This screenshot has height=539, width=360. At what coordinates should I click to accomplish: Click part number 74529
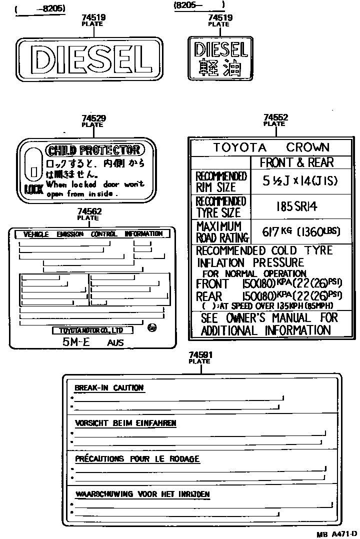pos(93,118)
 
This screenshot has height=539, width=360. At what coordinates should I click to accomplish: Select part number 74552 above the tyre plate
pos(275,118)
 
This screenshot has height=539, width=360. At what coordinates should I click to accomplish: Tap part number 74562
pos(89,211)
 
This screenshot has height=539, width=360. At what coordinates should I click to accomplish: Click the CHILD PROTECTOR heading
pos(93,150)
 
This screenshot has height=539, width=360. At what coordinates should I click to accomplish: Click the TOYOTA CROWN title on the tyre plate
pos(271,147)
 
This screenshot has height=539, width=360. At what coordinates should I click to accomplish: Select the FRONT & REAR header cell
pos(296,162)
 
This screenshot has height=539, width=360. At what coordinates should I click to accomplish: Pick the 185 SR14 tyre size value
pos(296,206)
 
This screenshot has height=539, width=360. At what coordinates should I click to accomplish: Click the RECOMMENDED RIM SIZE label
pos(221,182)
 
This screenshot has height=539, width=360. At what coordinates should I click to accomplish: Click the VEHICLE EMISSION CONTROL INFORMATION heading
pos(93,234)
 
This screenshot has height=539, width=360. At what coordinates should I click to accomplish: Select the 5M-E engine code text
pos(72,342)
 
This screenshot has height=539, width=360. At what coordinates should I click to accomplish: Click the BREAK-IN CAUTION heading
pos(109,387)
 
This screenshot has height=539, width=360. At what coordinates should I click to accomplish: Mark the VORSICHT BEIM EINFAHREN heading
pos(125,423)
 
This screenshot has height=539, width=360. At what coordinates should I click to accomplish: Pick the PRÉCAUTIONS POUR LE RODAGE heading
pos(137,458)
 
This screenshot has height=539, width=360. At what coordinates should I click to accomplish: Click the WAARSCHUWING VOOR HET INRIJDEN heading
pos(142,494)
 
